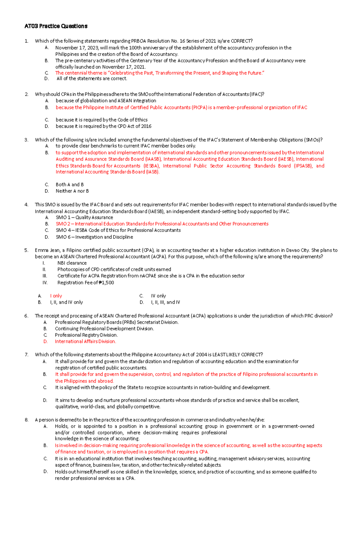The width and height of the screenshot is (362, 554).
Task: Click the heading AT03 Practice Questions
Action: point(56,26)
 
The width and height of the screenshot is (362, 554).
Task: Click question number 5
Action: point(26,250)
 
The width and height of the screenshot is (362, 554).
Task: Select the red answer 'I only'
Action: point(56,296)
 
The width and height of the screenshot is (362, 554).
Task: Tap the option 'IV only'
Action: point(158,296)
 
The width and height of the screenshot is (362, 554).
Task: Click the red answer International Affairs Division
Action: point(85,341)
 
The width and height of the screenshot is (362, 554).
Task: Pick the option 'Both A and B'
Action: point(70,184)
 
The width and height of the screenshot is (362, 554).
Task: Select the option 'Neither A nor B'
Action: point(72,191)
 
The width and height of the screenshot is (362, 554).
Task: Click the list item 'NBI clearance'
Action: point(72,263)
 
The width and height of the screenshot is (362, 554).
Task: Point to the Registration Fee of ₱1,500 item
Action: point(86,283)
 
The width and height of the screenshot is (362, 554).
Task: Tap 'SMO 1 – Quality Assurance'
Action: point(84,217)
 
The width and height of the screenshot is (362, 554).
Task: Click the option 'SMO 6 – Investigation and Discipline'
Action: point(94,237)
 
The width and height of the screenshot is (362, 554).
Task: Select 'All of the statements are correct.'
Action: point(92,78)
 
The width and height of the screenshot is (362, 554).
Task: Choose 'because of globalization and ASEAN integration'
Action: point(106,101)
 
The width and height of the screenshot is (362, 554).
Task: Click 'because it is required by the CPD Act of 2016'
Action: point(103,126)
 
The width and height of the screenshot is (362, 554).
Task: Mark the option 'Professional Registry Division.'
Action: point(86,335)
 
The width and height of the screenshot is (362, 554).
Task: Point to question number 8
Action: point(26,420)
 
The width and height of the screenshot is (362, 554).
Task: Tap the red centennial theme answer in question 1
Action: point(160,73)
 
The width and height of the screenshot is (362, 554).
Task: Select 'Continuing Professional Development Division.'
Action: point(104,328)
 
